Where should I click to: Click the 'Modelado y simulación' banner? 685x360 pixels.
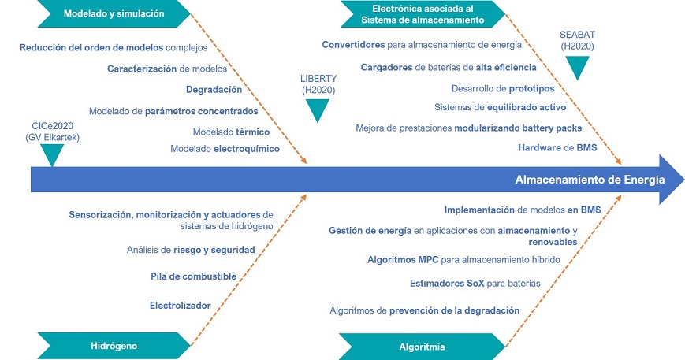[114, 13]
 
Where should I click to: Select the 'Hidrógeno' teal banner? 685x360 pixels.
[114, 346]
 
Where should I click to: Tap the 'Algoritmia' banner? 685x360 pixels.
[422, 347]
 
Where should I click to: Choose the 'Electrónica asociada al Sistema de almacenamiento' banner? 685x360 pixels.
[423, 14]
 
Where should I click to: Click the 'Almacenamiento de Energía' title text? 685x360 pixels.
[590, 180]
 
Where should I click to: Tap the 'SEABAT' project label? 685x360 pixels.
[577, 35]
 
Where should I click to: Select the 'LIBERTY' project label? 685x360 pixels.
[318, 79]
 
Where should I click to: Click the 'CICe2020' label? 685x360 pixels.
[53, 126]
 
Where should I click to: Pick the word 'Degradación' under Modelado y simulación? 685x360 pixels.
[214, 90]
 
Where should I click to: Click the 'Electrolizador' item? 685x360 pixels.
[180, 306]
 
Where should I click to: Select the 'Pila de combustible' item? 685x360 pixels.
[194, 276]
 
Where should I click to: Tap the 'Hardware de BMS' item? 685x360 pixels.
[557, 147]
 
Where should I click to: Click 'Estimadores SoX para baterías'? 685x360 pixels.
[475, 284]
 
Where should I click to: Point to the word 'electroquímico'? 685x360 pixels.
[247, 149]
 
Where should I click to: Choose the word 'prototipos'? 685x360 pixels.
[531, 88]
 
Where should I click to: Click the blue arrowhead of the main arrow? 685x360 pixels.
[671, 180]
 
